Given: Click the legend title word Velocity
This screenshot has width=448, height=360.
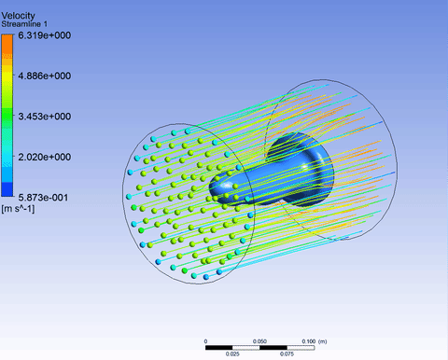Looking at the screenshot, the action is coord(18,16).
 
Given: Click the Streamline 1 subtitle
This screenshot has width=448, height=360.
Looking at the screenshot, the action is coord(24,24).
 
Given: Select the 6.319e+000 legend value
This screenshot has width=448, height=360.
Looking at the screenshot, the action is coord(45,35).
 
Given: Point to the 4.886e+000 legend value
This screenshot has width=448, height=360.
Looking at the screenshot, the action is coord(45,76).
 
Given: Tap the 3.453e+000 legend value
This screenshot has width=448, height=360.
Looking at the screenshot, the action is coord(45,117).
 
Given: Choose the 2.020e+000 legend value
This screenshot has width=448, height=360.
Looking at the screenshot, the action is coord(45,157).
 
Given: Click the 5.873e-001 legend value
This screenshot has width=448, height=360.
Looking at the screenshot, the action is coord(43,198).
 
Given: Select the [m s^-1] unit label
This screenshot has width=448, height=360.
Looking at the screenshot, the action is coord(18,209).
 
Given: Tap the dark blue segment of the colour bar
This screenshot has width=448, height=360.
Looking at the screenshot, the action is coord(7,189).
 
